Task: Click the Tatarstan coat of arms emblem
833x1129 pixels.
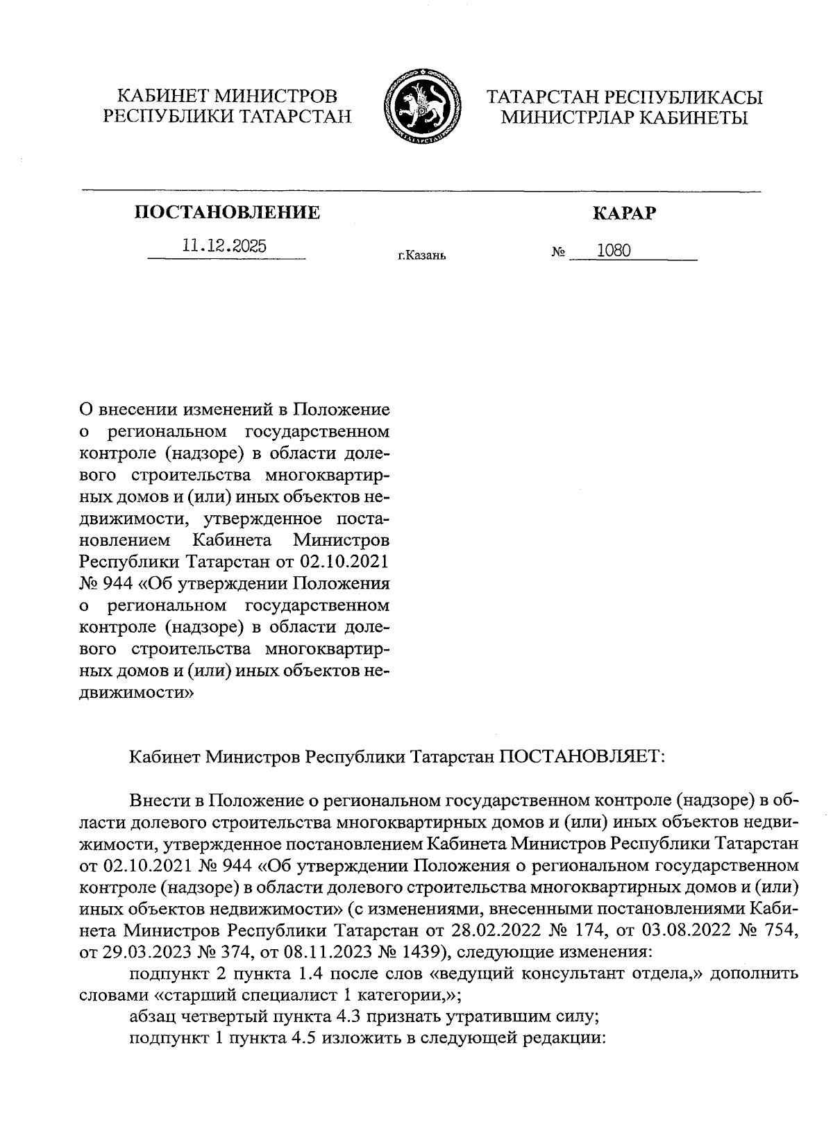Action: (x=417, y=106)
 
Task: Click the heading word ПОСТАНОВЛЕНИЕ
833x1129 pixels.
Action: (x=227, y=212)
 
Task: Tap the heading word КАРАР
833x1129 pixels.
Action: (x=623, y=213)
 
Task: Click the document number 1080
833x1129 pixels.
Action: (x=614, y=250)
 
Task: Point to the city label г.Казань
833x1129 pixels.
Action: (x=421, y=256)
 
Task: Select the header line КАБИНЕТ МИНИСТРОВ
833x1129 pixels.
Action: (x=226, y=96)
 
